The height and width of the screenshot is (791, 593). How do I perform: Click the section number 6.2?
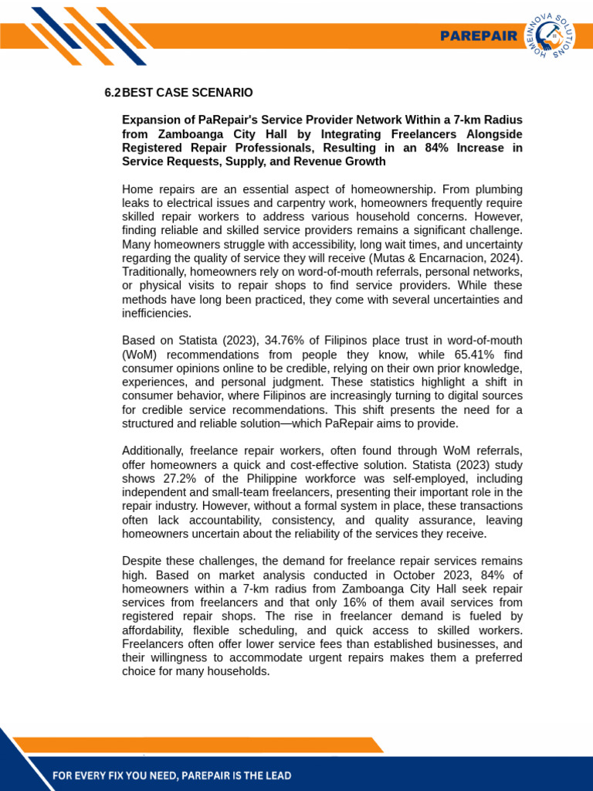pyautogui.click(x=112, y=93)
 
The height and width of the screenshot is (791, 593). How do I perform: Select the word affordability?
pyautogui.click(x=158, y=630)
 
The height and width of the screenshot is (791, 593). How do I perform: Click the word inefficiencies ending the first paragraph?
pyautogui.click(x=156, y=314)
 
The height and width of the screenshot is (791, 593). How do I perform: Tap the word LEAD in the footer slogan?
pyautogui.click(x=274, y=776)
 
